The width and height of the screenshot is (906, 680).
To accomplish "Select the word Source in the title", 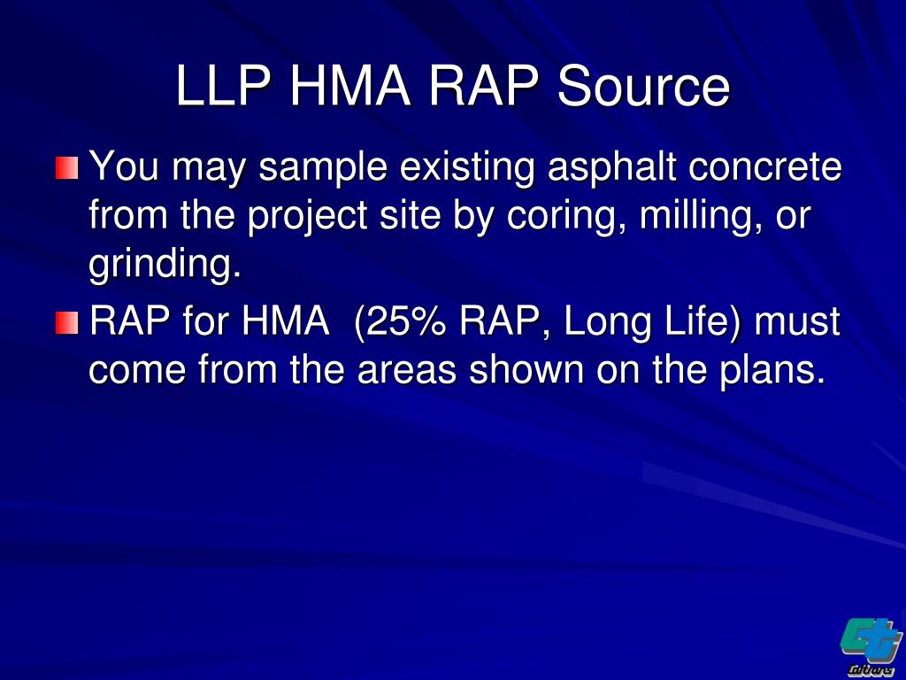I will click(643, 88).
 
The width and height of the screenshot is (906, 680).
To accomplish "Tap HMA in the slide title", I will click(350, 88).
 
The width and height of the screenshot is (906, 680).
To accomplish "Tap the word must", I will click(797, 322).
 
